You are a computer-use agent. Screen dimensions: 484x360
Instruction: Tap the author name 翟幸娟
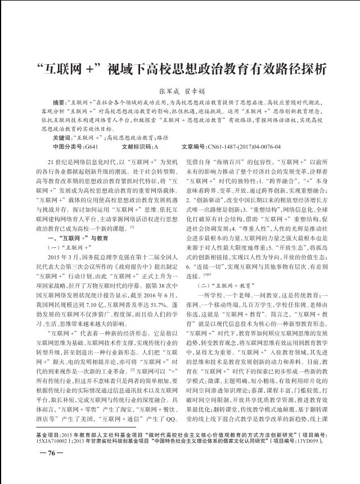195,91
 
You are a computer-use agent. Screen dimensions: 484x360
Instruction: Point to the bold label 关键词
62,138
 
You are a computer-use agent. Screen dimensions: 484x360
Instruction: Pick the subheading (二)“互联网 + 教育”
225,285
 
